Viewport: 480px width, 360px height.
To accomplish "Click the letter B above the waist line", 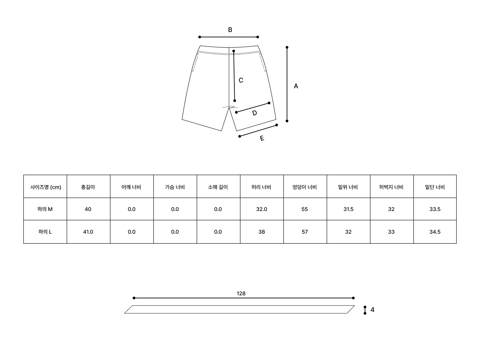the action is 230,30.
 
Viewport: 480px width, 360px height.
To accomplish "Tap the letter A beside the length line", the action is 296,86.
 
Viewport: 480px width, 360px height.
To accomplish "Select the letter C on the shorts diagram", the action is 241,80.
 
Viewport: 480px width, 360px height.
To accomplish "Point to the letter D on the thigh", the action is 254,113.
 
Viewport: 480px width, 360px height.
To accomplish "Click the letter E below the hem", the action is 262,138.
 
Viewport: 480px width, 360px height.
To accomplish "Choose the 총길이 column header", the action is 88,187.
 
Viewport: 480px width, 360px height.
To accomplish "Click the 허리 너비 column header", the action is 261,187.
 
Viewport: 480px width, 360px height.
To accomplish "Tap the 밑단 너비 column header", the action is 435,187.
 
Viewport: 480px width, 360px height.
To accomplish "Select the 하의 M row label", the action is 45,209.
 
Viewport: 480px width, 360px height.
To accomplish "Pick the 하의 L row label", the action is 45,232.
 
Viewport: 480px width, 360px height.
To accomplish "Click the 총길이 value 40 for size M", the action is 88,209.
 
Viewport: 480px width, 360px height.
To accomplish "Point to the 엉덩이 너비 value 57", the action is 305,232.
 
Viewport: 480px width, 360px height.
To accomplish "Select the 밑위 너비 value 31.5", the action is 348,209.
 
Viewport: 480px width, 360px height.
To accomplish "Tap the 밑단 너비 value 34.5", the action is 435,232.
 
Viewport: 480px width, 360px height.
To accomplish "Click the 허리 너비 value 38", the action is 262,232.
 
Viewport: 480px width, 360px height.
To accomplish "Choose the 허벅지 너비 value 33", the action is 391,232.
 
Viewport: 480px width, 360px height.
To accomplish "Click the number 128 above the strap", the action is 241,294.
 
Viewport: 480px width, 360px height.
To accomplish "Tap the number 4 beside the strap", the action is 372,310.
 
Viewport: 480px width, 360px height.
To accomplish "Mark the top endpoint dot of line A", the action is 287,47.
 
